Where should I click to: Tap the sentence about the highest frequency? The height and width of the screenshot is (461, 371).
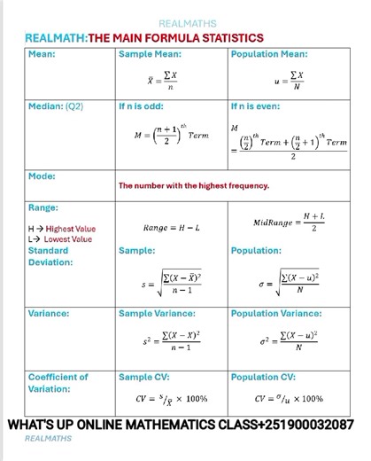click(193, 186)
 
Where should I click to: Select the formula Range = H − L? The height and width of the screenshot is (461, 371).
click(171, 229)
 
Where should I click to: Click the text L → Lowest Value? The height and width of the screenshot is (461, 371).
click(59, 239)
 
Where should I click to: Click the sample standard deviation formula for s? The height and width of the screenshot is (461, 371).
click(170, 285)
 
